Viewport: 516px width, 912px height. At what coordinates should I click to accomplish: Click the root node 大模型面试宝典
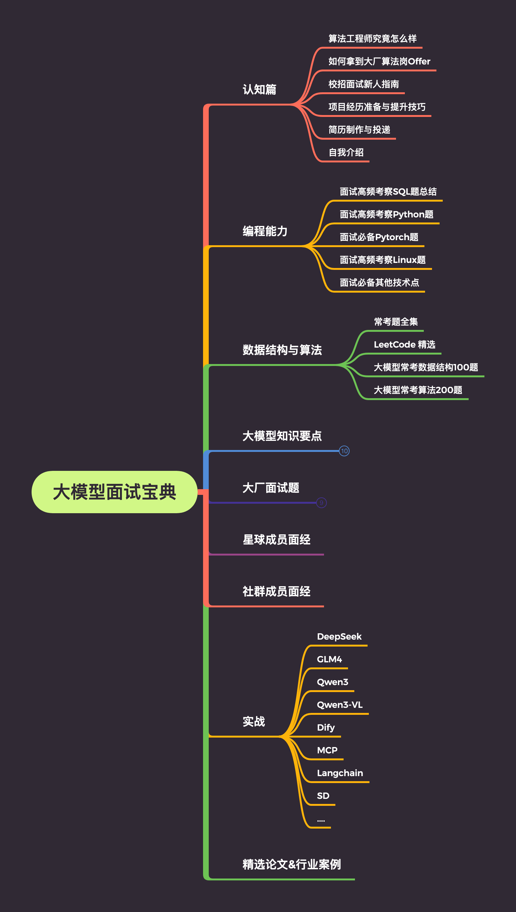(114, 492)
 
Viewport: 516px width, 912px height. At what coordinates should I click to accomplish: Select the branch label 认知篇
(259, 89)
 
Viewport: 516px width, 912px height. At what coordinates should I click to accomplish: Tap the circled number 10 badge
(344, 451)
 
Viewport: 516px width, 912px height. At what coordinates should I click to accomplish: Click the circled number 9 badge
(321, 503)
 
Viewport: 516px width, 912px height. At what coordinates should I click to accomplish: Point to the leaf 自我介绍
(346, 152)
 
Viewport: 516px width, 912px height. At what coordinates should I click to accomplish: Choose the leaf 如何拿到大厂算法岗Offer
(379, 61)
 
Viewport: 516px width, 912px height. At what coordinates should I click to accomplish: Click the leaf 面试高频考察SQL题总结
(388, 192)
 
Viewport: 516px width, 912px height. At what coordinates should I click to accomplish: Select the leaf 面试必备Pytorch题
(379, 237)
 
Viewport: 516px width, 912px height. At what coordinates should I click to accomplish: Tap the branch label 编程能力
(265, 231)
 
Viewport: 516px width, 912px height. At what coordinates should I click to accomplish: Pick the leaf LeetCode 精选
(404, 344)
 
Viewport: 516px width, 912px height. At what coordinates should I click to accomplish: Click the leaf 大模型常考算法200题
(418, 390)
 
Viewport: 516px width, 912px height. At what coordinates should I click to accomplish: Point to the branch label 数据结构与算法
(282, 350)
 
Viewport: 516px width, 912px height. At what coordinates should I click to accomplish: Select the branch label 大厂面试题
(271, 488)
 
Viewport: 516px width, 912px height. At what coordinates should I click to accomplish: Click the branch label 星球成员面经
(276, 540)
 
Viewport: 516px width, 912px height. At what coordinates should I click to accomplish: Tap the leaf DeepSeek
(339, 636)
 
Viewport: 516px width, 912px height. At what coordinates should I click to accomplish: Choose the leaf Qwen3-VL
(339, 705)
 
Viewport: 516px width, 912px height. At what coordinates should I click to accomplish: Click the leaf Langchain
(340, 773)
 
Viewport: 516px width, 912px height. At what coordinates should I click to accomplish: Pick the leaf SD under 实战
(323, 796)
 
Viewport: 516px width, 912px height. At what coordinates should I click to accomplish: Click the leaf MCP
(327, 750)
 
